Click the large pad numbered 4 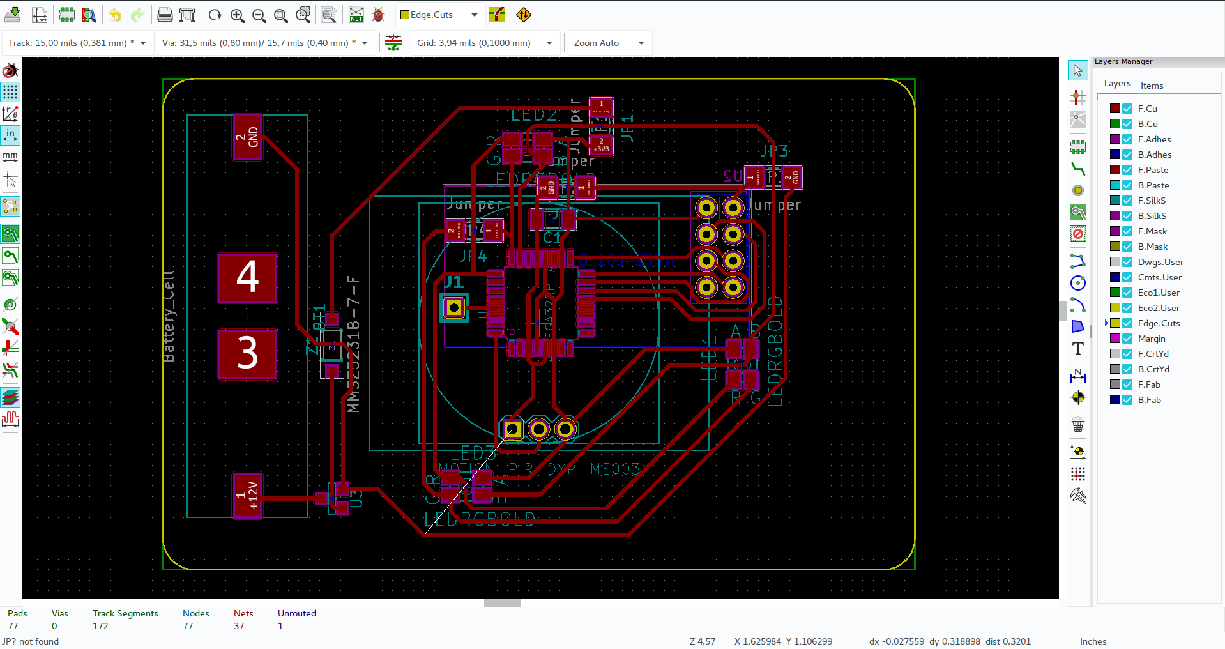coord(247,277)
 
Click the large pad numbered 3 coord(247,353)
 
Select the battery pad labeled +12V coord(247,494)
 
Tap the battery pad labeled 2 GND coord(247,137)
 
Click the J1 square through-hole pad coord(454,308)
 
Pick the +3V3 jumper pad coord(600,145)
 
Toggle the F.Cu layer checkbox coord(1127,109)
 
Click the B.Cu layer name coord(1148,124)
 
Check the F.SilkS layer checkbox coord(1127,201)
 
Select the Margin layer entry coord(1152,339)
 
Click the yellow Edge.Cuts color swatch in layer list coord(1115,323)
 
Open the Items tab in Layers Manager coord(1152,86)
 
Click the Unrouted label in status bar coord(296,613)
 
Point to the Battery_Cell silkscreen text coord(169,317)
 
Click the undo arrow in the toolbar coord(115,15)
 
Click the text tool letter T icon coord(1077,348)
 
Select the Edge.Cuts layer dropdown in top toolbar coord(439,15)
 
